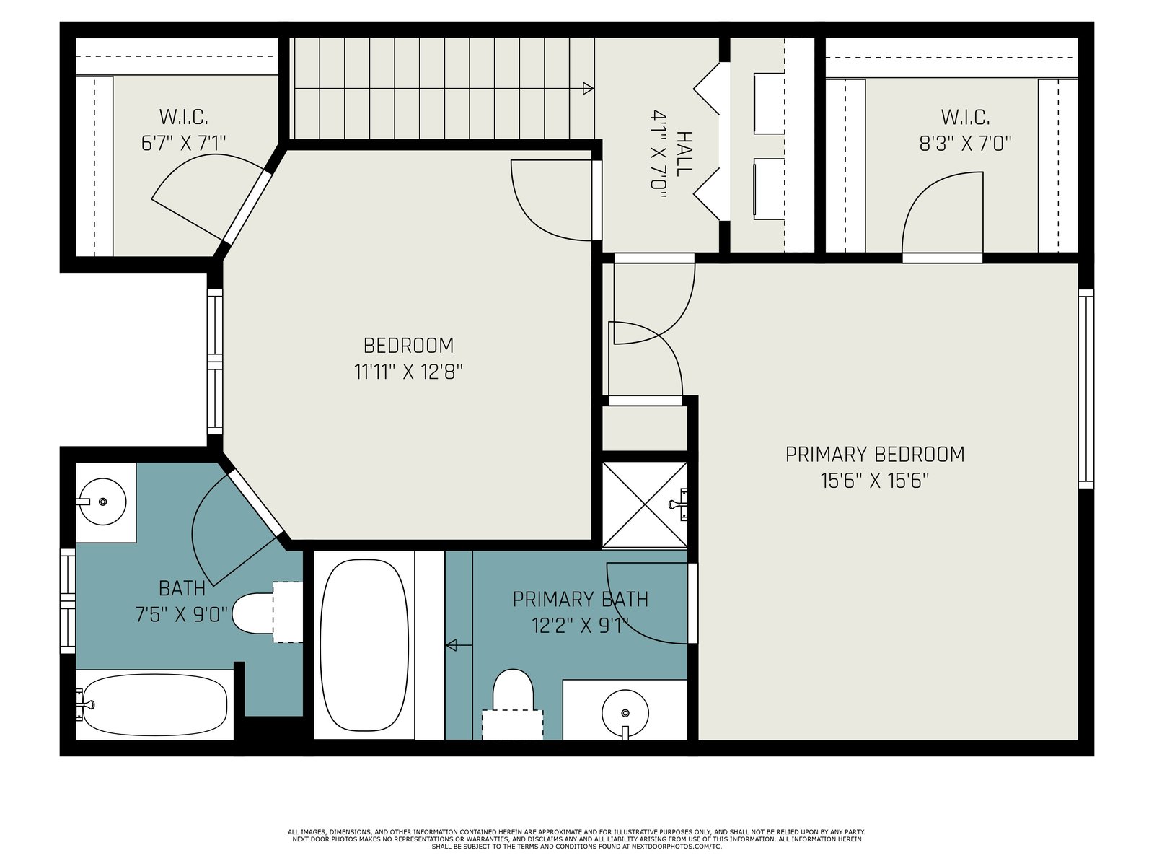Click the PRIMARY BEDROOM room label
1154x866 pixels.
click(x=874, y=455)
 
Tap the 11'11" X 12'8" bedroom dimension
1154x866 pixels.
click(x=408, y=372)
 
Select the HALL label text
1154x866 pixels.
click(x=684, y=154)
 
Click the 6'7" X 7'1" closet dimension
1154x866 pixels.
click(x=183, y=143)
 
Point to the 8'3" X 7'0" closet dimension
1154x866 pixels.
click(x=965, y=143)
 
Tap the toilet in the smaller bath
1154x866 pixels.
click(x=267, y=612)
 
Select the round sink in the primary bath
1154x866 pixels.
click(x=625, y=713)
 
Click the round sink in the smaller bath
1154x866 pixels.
click(x=102, y=502)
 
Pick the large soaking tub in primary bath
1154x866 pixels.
click(x=364, y=645)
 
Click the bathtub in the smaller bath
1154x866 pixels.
click(x=155, y=704)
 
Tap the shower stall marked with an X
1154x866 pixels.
click(x=645, y=504)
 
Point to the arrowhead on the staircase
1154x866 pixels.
click(x=589, y=89)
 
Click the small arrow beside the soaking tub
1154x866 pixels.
click(x=459, y=644)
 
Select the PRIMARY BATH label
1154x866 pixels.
click(x=581, y=600)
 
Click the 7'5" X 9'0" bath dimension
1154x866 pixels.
click(x=182, y=614)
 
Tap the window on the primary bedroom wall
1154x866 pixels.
click(x=1086, y=388)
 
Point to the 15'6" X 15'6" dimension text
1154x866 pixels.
click(x=875, y=481)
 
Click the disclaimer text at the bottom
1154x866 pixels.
click(x=577, y=839)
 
